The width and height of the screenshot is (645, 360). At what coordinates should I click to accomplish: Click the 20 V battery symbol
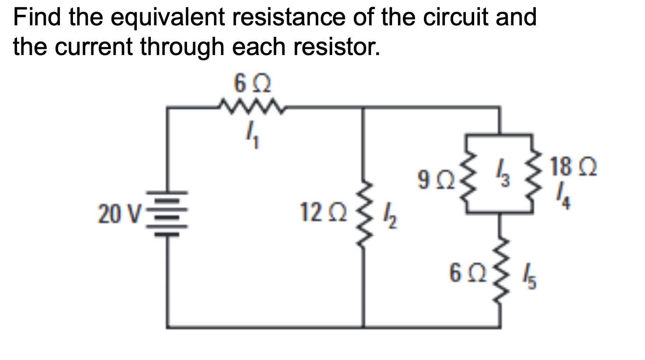168,214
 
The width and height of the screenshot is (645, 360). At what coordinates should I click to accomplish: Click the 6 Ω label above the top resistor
252,83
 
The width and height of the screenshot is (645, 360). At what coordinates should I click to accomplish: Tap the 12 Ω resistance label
322,213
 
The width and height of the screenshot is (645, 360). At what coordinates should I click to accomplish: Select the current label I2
390,217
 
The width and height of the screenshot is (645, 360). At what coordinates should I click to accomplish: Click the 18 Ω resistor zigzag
532,179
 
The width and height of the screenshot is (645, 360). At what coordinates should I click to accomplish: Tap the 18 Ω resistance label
573,167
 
